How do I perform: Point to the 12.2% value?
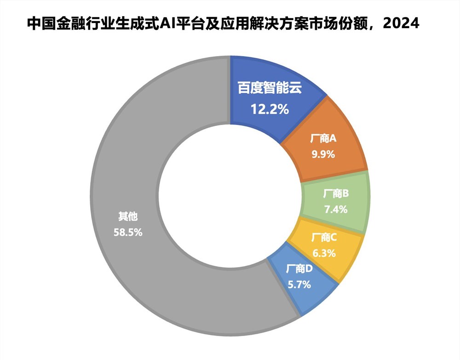coord(270,109)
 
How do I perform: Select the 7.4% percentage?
coord(336,209)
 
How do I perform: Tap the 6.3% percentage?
coord(324,253)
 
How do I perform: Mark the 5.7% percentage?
coord(299,285)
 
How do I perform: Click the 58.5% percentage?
coord(128,232)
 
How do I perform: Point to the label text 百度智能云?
coord(270,88)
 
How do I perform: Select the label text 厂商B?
coord(336,194)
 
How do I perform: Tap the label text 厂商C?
coord(324,238)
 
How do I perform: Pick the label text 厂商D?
coord(299,269)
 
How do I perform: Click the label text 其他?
coord(128,216)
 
